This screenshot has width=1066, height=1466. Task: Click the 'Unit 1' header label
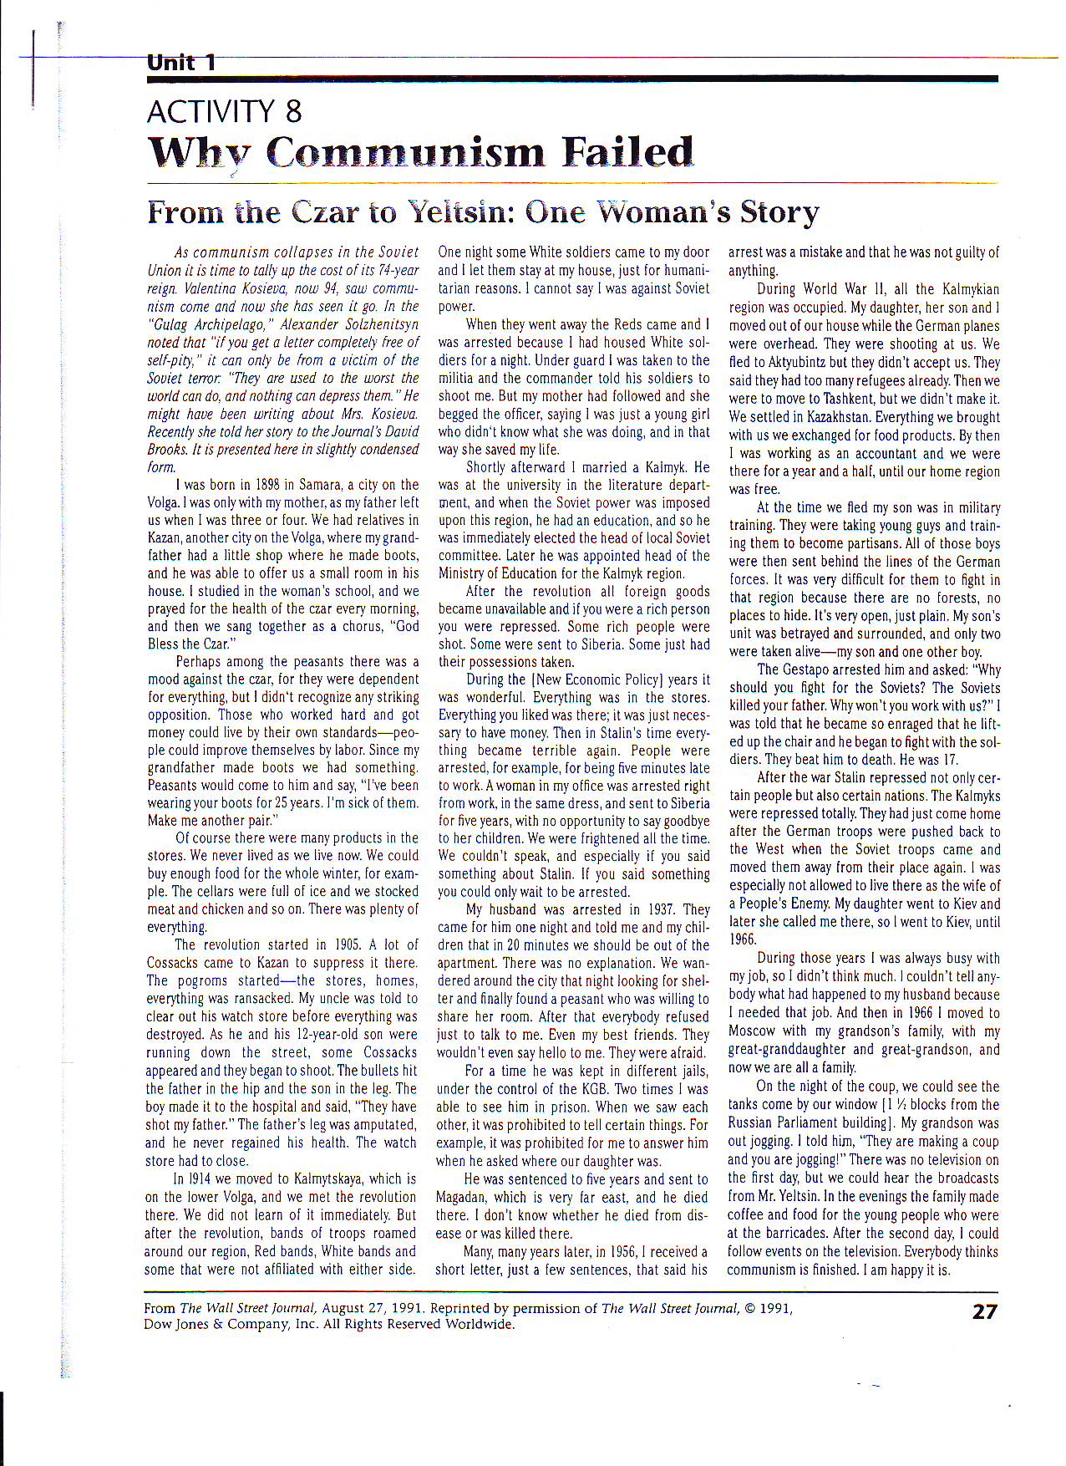click(181, 63)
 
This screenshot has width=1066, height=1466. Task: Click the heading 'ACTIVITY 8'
click(224, 112)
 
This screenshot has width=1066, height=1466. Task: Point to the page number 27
click(985, 1311)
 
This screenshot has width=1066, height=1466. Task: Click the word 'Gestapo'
click(811, 669)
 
